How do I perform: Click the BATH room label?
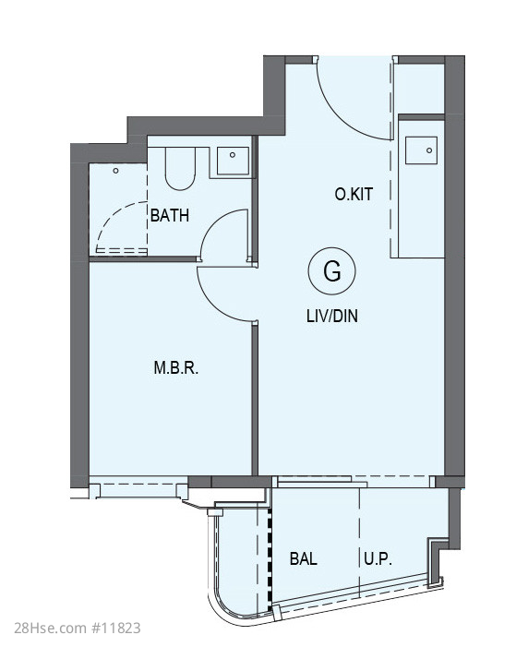point(170,215)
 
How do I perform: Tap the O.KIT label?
point(354,194)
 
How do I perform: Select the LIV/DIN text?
point(332,316)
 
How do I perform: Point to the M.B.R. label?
point(175,367)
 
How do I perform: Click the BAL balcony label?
point(303,558)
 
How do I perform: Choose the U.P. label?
point(378,559)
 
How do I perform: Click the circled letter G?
point(332,271)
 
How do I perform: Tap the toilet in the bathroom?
point(180,169)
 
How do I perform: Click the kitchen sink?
point(421,150)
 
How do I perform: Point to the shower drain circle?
point(116,171)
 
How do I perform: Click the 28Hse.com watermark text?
point(50,628)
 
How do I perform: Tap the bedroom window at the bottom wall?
point(138,487)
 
